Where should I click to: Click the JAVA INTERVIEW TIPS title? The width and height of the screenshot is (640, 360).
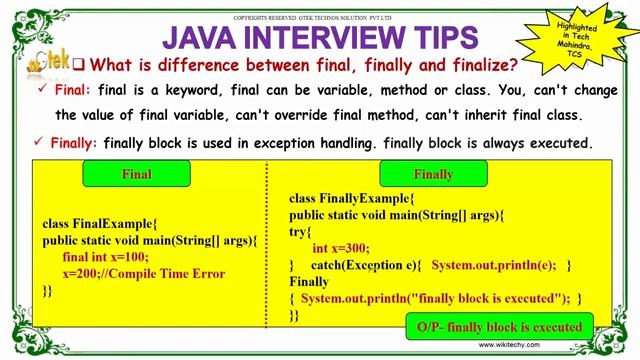[320, 38]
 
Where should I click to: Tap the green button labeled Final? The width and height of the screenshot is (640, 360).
[136, 174]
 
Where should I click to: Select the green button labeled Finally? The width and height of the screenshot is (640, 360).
[433, 174]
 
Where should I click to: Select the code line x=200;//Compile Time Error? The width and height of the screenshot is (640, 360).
[143, 273]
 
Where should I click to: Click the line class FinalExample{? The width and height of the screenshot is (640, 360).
[100, 224]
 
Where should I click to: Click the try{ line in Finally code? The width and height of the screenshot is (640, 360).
[299, 231]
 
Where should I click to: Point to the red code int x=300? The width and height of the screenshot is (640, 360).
[341, 248]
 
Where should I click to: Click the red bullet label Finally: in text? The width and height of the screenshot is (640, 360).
[77, 143]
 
